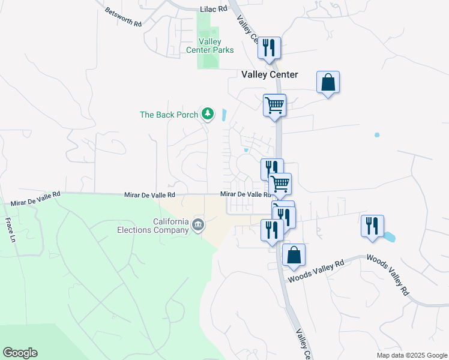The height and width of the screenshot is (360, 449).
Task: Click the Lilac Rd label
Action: [x=214, y=10]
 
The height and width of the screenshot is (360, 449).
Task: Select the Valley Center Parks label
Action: [x=209, y=46]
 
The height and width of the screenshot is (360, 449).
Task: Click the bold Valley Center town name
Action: [x=270, y=74]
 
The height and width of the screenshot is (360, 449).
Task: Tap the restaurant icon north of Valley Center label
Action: [x=270, y=47]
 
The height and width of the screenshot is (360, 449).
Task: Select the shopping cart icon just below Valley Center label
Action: [x=275, y=105]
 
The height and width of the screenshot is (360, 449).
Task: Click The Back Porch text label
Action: [x=169, y=115]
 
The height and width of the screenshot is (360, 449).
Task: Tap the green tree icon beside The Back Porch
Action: [x=207, y=113]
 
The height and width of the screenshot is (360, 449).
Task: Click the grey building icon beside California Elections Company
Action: [x=199, y=225]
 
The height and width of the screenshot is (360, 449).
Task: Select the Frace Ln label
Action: [x=10, y=226]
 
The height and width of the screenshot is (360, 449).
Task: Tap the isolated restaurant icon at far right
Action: [x=372, y=226]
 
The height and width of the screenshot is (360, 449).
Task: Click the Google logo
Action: [x=20, y=353]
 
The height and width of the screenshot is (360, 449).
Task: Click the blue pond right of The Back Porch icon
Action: [x=224, y=114]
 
